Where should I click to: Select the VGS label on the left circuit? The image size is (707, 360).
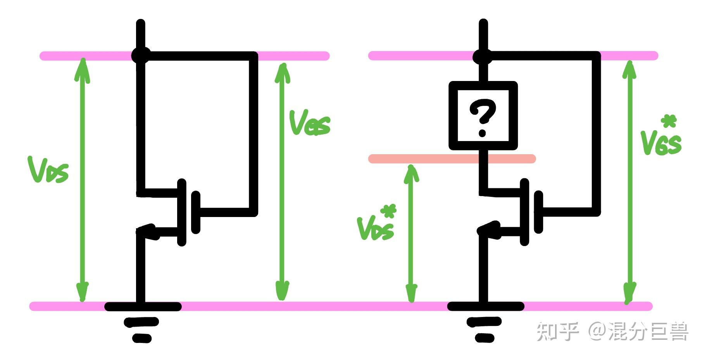pos(309,123)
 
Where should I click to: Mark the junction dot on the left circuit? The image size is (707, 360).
pos(140,55)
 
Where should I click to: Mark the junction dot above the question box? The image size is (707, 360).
pos(483,56)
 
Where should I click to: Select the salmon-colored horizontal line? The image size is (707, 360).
pos(452,158)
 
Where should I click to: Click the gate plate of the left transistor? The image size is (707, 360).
pos(196,212)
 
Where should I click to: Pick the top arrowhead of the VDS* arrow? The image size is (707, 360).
pos(411,173)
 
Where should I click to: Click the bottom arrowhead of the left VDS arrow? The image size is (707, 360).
pos(82,293)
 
